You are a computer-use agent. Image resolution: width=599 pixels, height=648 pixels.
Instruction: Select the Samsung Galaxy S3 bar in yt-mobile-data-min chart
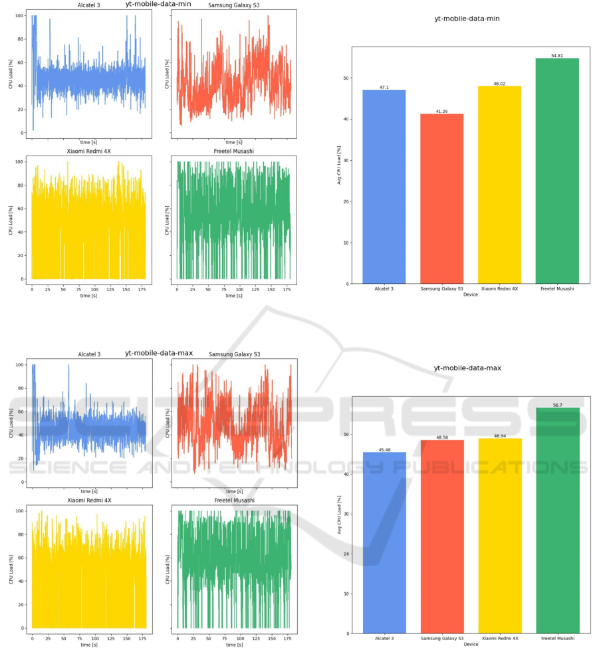click(442, 199)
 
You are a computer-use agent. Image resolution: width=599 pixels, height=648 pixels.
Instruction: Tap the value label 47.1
click(384, 87)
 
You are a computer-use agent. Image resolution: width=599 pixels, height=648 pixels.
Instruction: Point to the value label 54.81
click(557, 55)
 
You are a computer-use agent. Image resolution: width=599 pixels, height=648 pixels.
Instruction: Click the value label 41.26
click(442, 111)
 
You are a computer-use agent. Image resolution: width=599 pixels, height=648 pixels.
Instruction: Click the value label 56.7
click(557, 404)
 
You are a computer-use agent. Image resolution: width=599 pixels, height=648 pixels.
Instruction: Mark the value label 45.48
click(384, 449)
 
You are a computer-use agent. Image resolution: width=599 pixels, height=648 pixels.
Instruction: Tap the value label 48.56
click(442, 437)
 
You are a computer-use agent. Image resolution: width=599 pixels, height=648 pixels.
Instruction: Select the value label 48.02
click(500, 83)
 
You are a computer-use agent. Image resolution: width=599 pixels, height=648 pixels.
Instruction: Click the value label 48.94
click(500, 435)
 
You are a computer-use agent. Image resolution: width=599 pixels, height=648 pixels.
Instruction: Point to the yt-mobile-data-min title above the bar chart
click(467, 19)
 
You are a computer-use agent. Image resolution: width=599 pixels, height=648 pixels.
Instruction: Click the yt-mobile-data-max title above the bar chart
click(467, 368)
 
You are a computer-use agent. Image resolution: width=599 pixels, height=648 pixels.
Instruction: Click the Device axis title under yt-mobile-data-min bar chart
click(471, 294)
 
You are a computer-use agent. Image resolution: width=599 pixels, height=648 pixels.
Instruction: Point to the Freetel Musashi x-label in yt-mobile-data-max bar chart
click(557, 639)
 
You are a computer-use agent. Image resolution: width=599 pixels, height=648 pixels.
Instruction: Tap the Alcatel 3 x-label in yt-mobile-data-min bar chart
click(384, 289)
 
